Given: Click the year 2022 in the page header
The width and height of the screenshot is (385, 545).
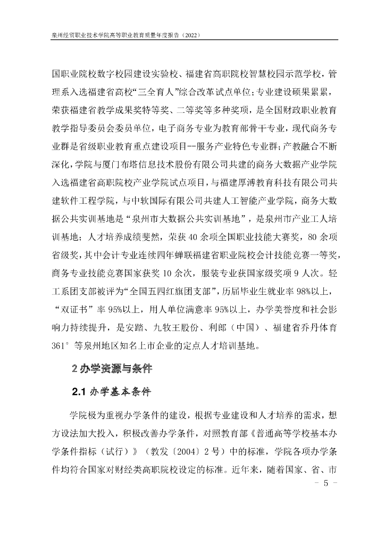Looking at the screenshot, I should [190, 35].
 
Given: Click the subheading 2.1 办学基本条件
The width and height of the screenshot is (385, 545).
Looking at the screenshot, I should [112, 393].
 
